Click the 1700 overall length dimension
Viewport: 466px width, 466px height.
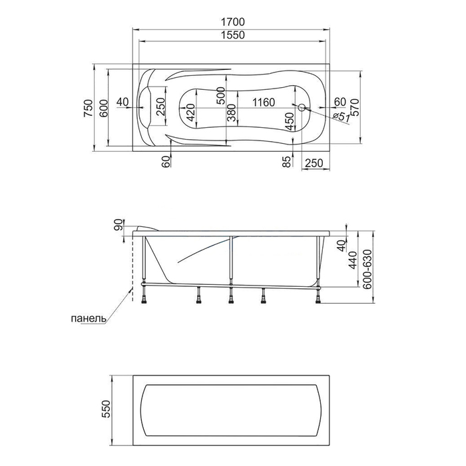pyautogui.click(x=233, y=22)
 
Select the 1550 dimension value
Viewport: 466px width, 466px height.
pyautogui.click(x=233, y=35)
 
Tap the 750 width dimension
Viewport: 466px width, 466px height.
pyautogui.click(x=89, y=108)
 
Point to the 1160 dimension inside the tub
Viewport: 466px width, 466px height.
pyautogui.click(x=264, y=103)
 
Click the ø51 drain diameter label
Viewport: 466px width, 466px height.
pyautogui.click(x=341, y=116)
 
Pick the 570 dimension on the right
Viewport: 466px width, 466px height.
pyautogui.click(x=355, y=107)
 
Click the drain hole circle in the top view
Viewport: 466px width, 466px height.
pyautogui.click(x=302, y=107)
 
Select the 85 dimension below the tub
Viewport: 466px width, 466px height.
pyautogui.click(x=286, y=162)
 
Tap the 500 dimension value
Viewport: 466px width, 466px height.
pyautogui.click(x=220, y=96)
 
